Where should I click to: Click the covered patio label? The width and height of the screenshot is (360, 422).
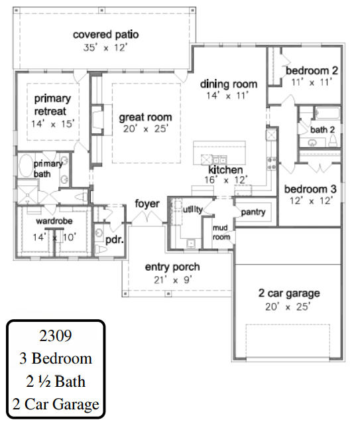coord(105,35)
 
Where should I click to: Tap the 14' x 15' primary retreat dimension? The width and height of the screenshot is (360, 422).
coord(52,124)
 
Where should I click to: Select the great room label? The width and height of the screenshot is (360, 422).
coord(145,117)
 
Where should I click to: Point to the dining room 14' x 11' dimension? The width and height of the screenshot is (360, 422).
coord(227,96)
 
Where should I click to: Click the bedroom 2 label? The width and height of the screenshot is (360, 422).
coord(312,70)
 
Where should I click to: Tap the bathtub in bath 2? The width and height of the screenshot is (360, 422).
coord(328,113)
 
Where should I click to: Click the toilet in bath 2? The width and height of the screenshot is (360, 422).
coord(333,139)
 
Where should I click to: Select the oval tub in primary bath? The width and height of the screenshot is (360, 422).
coord(26,165)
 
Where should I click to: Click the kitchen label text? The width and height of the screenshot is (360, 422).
coord(225,170)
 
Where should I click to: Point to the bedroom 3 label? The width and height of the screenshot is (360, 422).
coord(310,189)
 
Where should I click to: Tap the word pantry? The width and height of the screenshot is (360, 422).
coord(253,212)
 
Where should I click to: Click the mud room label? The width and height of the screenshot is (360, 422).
coord(221,232)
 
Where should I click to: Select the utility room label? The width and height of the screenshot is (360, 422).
coord(193,210)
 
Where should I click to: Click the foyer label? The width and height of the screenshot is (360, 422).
coord(147,204)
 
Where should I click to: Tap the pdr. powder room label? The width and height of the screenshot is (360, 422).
coord(115,240)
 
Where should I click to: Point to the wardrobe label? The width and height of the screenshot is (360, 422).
coord(54,221)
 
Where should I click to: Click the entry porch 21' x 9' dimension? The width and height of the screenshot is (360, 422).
coord(173,280)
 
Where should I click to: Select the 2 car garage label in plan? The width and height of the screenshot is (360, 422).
coord(289,293)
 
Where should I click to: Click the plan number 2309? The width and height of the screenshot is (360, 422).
coord(56,336)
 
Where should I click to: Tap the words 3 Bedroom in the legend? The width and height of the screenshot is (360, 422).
coord(56,358)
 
